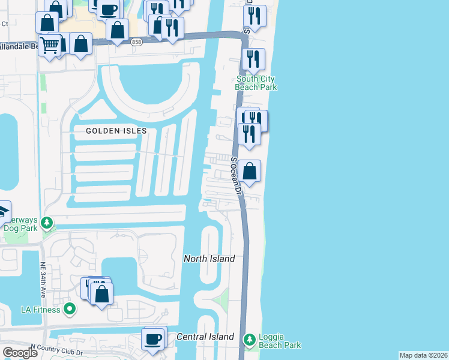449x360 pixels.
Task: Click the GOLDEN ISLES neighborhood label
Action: pos(116,131)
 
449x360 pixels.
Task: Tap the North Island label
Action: pos(208,259)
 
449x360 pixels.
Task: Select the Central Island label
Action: pos(205,337)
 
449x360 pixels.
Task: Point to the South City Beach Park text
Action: pos(256,83)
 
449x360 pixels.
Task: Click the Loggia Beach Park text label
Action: pos(280,341)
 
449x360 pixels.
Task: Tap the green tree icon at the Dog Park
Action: pos(47,224)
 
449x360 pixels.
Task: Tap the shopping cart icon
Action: pos(50,43)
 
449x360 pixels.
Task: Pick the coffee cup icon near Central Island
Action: pos(153,338)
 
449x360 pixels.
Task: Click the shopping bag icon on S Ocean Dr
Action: pos(250,171)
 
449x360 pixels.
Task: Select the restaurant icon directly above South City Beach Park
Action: pos(253,58)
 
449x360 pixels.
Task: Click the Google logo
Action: pos(20,353)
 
